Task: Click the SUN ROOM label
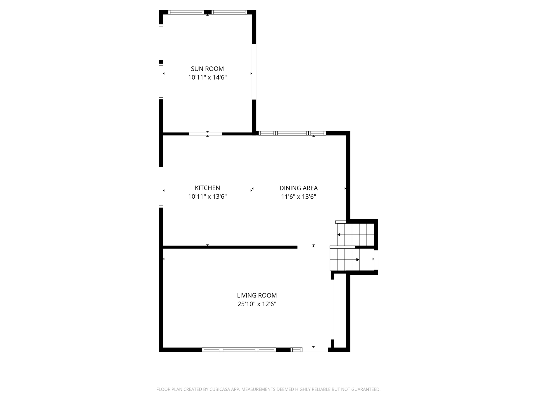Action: (x=207, y=69)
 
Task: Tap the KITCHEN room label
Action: (x=207, y=188)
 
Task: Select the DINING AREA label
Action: (x=298, y=188)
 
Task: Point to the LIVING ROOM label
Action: (x=257, y=295)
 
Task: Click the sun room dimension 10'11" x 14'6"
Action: (x=207, y=78)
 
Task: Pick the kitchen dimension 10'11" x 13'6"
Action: (x=207, y=197)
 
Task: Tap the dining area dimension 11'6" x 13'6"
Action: (x=298, y=197)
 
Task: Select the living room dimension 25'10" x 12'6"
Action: (x=257, y=304)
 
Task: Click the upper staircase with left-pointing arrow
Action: (x=356, y=234)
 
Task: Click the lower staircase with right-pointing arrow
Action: (x=344, y=259)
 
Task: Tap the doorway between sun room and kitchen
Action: (x=205, y=134)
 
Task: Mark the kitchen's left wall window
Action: (x=161, y=187)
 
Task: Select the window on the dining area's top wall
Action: (x=292, y=133)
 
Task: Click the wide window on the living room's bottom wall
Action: (x=239, y=349)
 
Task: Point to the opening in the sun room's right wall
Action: (x=254, y=72)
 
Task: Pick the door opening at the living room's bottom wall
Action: (x=315, y=349)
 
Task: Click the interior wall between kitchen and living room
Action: (x=230, y=247)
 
